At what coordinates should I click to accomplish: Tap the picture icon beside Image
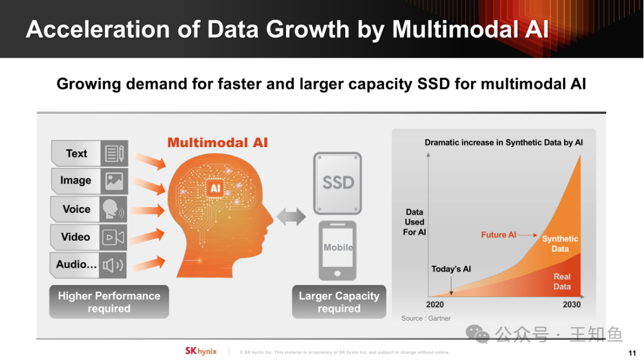(114, 181)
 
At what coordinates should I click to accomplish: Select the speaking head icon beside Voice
(113, 209)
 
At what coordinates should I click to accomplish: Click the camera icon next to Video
(113, 237)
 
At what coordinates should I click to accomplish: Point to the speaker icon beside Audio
(113, 265)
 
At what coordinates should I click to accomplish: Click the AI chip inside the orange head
(215, 188)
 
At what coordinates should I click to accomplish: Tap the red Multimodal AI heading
(217, 142)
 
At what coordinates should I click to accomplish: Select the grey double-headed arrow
(291, 216)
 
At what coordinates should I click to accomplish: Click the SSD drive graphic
(338, 183)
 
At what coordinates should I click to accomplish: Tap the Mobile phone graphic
(338, 250)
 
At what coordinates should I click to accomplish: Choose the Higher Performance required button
(109, 302)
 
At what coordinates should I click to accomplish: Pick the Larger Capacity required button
(339, 302)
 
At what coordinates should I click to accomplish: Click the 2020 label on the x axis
(435, 305)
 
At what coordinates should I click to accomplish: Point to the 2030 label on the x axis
(571, 305)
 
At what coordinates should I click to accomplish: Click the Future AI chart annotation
(499, 235)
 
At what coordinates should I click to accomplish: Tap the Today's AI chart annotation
(451, 269)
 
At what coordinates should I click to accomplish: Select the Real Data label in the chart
(562, 281)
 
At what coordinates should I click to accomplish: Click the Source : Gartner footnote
(426, 318)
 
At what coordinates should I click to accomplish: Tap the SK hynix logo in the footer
(201, 351)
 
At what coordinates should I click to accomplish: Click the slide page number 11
(632, 353)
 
